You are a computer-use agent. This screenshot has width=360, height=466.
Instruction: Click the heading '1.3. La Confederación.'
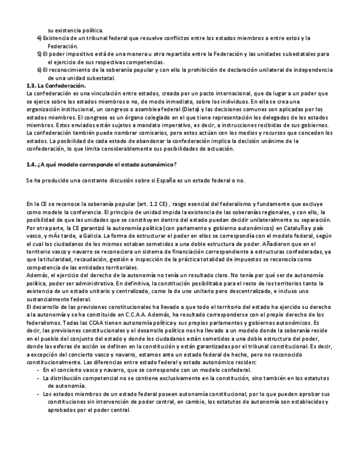click(56, 86)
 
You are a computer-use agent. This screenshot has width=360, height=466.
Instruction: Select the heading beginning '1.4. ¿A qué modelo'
click(101, 165)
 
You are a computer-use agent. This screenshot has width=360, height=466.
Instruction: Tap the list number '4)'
click(39, 38)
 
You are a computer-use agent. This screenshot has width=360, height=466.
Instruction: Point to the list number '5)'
click(39, 54)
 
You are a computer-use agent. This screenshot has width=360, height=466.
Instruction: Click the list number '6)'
click(39, 70)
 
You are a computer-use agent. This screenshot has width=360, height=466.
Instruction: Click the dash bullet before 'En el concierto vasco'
click(37, 371)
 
